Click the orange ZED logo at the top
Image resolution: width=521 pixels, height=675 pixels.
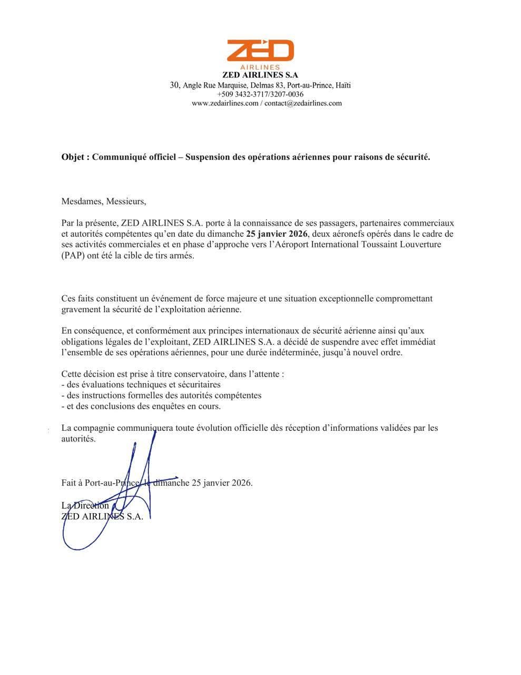tap(260, 51)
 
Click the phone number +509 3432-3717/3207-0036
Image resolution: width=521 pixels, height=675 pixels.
tap(260, 94)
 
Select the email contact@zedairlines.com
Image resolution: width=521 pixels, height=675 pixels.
tap(303, 103)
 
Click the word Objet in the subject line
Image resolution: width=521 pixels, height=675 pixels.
tap(73, 157)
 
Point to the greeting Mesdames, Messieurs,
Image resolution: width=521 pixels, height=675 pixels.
tap(103, 201)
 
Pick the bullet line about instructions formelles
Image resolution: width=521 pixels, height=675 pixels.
tap(161, 395)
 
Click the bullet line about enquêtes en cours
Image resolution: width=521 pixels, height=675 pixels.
tap(141, 406)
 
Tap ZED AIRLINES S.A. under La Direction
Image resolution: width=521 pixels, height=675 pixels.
tap(102, 517)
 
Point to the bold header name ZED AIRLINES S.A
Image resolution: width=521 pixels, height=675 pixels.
tap(260, 75)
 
